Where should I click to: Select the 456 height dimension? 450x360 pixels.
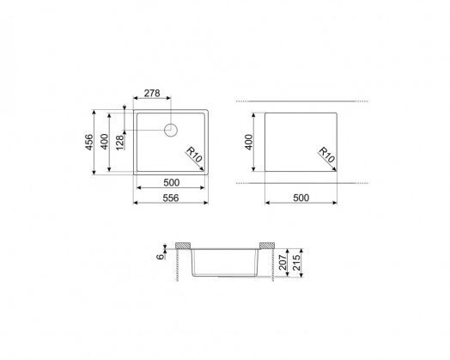[x=88, y=143]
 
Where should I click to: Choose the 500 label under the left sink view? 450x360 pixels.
[x=170, y=183]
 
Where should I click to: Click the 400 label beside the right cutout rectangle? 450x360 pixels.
[x=250, y=143]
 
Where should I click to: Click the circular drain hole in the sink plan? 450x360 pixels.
[x=170, y=131]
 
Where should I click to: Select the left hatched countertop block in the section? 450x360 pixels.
[x=182, y=247]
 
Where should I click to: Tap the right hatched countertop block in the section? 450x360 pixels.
[x=267, y=247]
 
